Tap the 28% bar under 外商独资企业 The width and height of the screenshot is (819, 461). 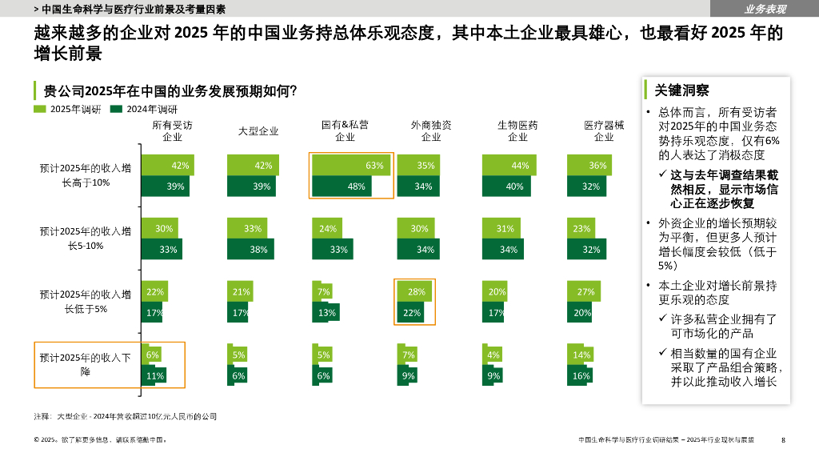[414, 291]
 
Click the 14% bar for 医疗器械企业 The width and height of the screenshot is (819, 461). [580, 355]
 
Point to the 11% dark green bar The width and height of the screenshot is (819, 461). [154, 375]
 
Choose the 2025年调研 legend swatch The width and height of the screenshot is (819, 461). [40, 109]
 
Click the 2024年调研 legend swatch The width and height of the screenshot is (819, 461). [116, 109]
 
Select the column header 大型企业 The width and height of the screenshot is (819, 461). [258, 131]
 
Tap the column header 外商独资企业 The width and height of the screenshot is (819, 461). [431, 131]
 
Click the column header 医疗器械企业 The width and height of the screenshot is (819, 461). [604, 131]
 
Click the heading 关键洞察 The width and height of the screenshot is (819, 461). [681, 90]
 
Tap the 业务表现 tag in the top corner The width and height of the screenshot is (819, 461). [765, 9]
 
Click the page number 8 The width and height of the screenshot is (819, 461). [783, 439]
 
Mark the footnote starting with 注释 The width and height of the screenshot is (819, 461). [126, 416]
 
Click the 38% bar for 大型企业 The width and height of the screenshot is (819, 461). [249, 249]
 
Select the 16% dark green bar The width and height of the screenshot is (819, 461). [581, 375]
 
